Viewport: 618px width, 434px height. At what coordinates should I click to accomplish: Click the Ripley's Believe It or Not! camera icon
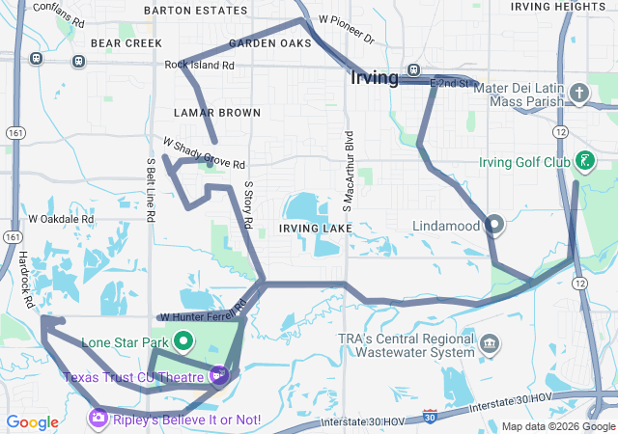pos(98,417)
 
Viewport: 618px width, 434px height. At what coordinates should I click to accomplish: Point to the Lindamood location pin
pos(494,225)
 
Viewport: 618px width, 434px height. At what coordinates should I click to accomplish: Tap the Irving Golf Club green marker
pos(584,161)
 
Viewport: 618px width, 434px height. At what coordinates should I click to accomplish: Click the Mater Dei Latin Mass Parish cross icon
pos(578,94)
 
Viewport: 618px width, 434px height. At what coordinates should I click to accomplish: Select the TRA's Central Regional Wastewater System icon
pos(490,343)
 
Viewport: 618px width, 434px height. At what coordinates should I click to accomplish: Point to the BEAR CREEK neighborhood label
pos(126,43)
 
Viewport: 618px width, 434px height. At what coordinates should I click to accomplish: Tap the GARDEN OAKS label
pos(270,43)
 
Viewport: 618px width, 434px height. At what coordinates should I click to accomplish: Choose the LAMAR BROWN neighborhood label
pos(217,113)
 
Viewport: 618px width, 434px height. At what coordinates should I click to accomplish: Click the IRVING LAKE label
pos(312,228)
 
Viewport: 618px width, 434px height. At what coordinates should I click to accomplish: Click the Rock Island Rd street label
pos(200,66)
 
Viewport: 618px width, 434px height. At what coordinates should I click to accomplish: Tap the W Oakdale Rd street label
pos(61,219)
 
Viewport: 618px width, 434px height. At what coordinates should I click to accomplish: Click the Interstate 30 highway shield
pos(429,418)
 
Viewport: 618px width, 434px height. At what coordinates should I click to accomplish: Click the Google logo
pos(33,421)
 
